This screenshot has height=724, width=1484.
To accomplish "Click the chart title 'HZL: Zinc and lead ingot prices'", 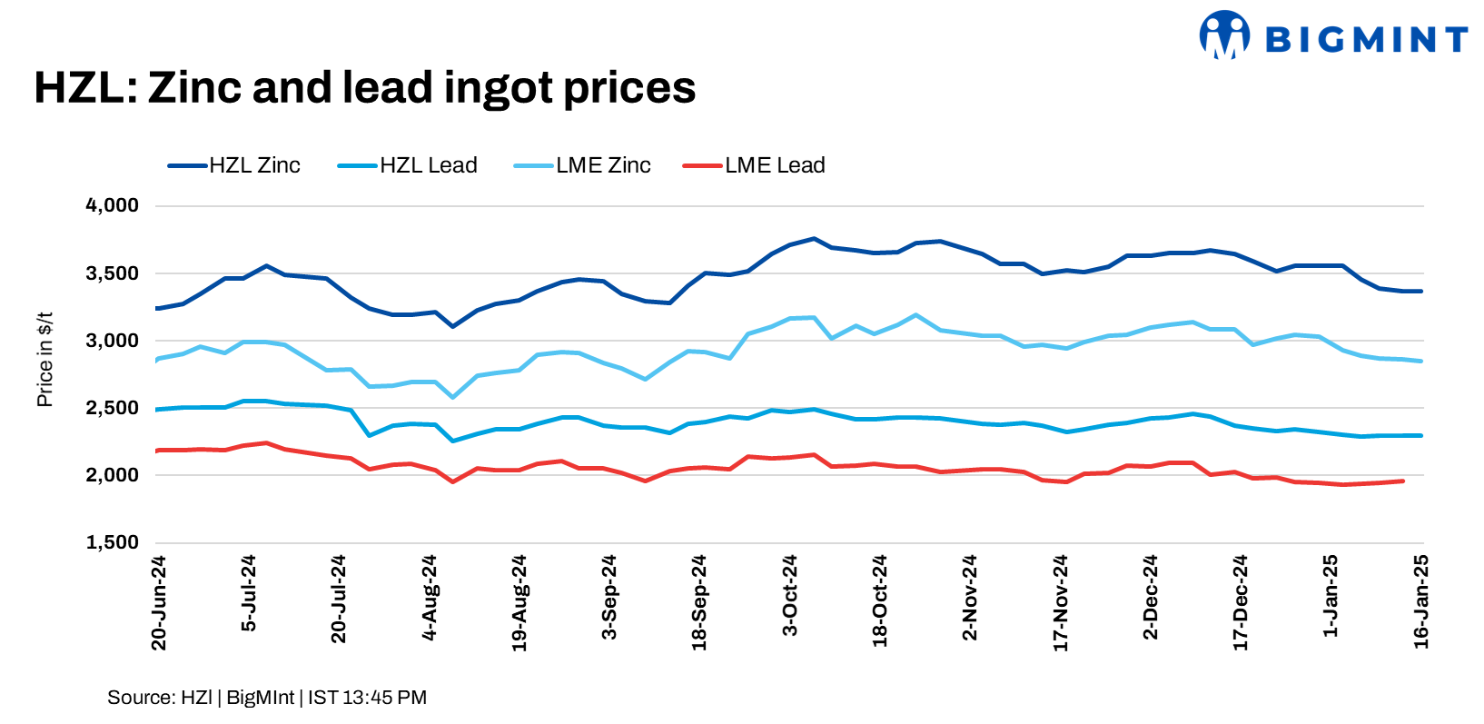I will tap(364, 88).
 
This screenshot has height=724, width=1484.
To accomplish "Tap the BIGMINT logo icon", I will tap(1223, 35).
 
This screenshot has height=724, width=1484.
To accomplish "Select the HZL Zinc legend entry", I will tap(234, 165).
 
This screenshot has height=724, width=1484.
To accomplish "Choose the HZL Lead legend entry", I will tap(408, 165).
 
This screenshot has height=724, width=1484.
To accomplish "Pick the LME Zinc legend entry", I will tap(583, 165).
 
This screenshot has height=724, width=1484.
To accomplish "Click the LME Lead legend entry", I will tap(755, 165).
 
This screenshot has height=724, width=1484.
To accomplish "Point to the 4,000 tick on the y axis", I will tap(112, 205).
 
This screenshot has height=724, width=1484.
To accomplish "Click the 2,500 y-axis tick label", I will tap(112, 408).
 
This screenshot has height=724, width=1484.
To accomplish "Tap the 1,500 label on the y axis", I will tap(112, 542).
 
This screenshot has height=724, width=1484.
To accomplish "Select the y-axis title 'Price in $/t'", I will tap(45, 360).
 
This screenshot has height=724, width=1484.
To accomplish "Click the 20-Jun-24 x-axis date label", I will tap(159, 603).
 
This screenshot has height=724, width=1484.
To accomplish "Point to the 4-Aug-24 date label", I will tap(430, 598).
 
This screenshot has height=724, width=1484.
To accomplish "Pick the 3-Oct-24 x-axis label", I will tap(790, 596).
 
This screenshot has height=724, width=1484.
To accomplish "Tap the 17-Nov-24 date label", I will tap(1061, 603).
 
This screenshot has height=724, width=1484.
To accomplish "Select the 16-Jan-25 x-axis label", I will tap(1421, 601).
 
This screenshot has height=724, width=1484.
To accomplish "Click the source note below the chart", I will tap(266, 698).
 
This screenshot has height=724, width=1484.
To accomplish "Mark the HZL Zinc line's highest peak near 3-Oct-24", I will tap(814, 239).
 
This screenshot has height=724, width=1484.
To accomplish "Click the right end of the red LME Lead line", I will tap(1403, 481).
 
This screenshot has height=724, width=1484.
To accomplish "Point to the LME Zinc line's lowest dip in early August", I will tap(452, 397).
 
